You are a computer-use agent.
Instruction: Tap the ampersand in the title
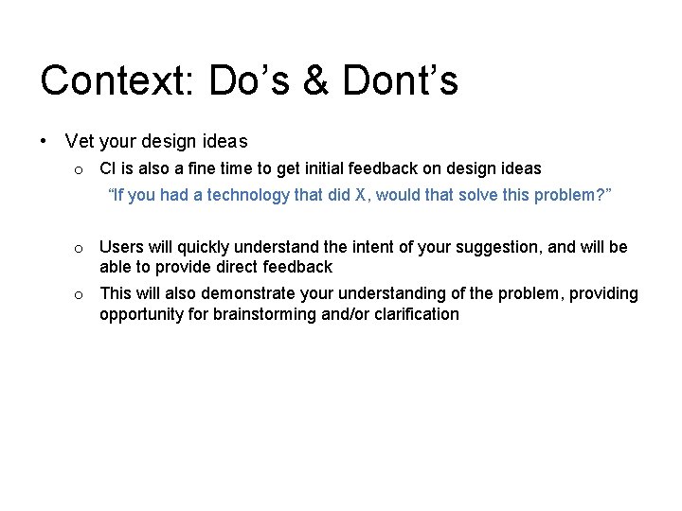point(314,81)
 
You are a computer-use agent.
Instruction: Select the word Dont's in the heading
point(400,81)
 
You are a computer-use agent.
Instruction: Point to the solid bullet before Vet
point(45,141)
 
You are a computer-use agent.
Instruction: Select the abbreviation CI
point(107,168)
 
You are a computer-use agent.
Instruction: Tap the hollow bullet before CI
point(81,169)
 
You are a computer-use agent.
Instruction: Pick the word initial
point(317,168)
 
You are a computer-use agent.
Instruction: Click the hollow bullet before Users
point(81,249)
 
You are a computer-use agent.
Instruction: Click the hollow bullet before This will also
point(81,294)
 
